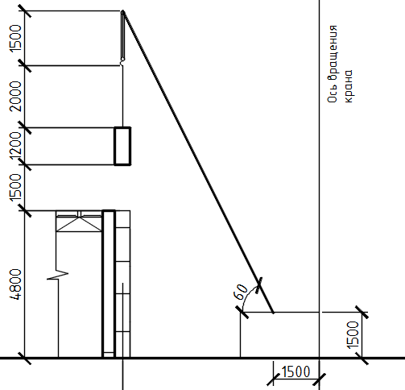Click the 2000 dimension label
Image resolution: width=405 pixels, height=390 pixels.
[x=15, y=96]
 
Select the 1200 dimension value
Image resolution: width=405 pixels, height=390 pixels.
[x=15, y=147]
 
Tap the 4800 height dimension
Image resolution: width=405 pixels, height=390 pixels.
[x=15, y=284]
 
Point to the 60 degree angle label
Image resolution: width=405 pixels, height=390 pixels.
[x=241, y=292]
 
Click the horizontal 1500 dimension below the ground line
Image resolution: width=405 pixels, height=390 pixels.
[x=295, y=372]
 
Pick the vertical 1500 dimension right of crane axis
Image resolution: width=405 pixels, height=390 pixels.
[x=353, y=335]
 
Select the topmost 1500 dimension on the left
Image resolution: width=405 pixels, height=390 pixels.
[x=15, y=38]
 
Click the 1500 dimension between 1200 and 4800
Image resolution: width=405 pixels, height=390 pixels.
[x=15, y=188]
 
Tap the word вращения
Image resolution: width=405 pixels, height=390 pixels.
[x=332, y=53]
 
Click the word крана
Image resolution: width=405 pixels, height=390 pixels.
[x=348, y=86]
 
